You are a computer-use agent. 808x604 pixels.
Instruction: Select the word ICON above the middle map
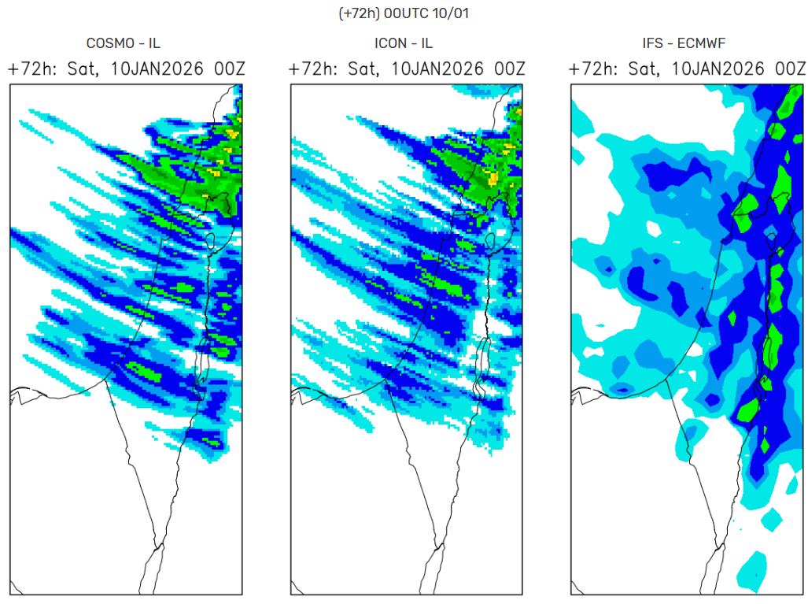pos(389,44)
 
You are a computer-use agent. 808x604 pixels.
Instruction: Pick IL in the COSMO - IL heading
pos(154,44)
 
